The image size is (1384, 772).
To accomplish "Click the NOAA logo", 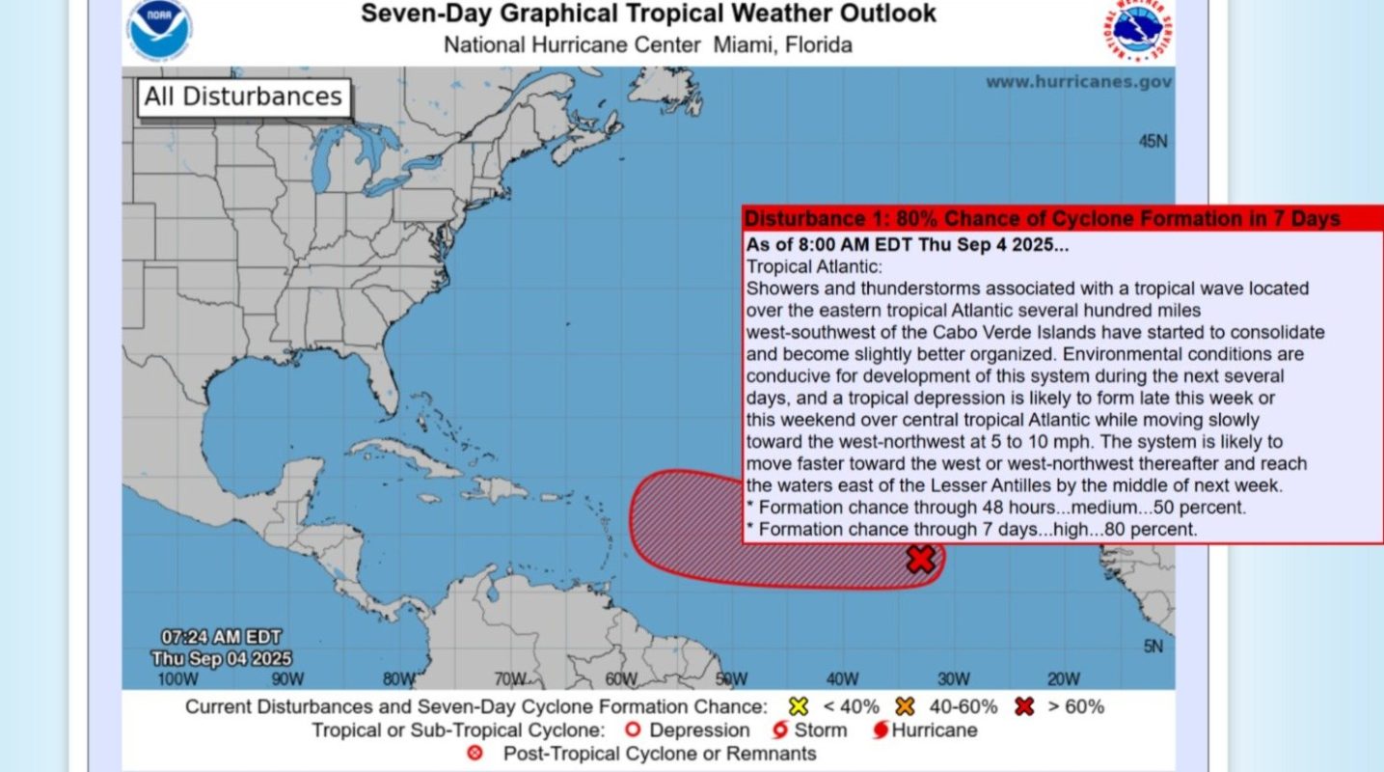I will [x=159, y=28].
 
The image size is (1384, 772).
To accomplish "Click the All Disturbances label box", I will [x=243, y=97].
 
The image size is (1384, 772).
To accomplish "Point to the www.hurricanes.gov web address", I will [x=1078, y=82].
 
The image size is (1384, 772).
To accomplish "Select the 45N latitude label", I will [x=1153, y=142].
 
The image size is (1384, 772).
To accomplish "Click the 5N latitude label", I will [x=1153, y=647].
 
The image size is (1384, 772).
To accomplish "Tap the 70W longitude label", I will [x=509, y=679].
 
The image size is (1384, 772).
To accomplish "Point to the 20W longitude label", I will [x=1063, y=679].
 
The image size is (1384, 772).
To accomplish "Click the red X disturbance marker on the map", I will [x=921, y=559].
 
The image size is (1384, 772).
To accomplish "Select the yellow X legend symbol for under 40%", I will [x=798, y=706].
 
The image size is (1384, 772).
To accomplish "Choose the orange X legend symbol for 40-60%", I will [x=904, y=706].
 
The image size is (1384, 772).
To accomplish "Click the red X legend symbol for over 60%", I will [x=1024, y=706].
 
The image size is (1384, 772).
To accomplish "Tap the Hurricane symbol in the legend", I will [x=881, y=731].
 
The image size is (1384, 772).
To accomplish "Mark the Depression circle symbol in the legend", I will [x=633, y=731].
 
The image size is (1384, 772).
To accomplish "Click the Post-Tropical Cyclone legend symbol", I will [x=475, y=754].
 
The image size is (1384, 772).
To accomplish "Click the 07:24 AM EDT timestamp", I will [x=221, y=637].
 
